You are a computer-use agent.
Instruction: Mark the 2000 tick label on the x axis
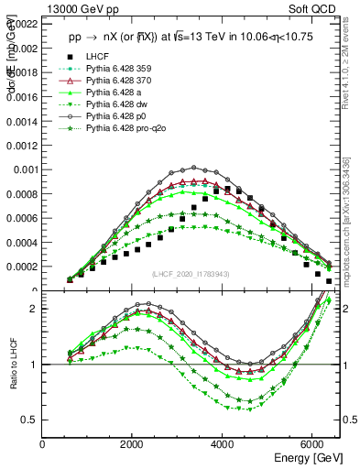click(x=133, y=443)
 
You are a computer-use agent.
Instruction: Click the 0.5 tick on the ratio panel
click(x=30, y=420)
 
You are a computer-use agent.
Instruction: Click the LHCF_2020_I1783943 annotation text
click(x=190, y=274)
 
